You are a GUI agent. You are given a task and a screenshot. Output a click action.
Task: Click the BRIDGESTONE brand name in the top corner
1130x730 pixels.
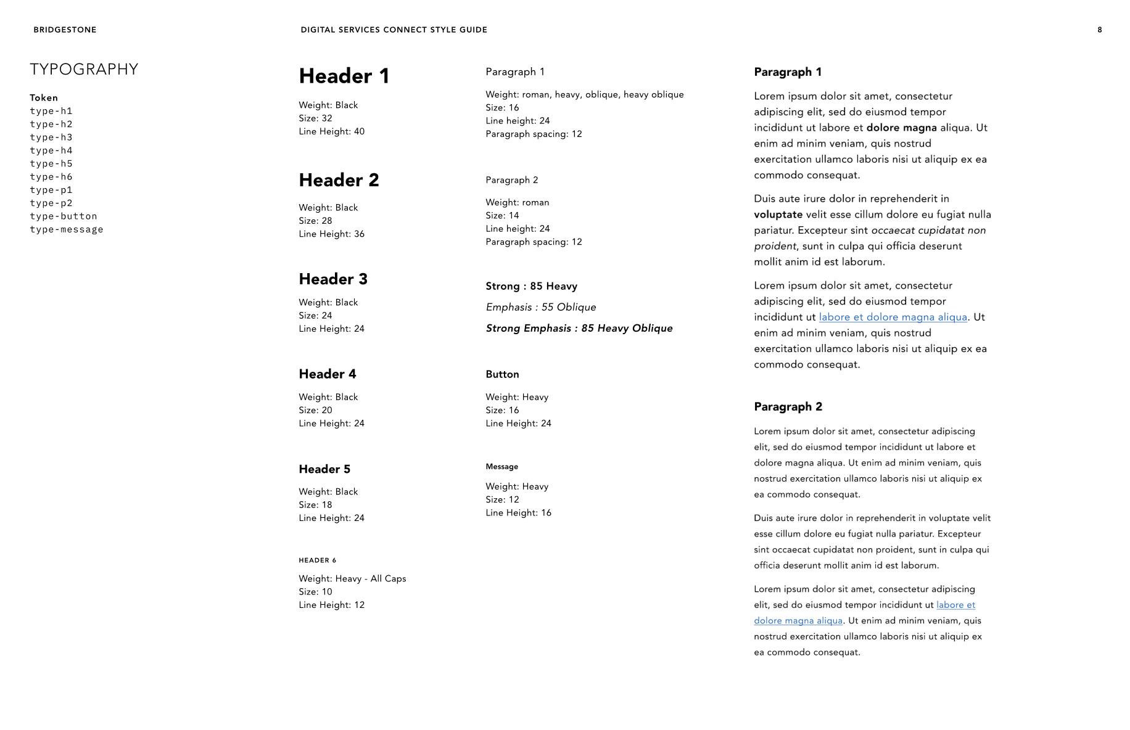tap(65, 30)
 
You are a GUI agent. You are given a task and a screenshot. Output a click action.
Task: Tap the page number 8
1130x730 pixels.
tap(1099, 30)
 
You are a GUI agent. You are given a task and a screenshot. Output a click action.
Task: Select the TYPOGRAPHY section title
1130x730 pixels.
tap(84, 69)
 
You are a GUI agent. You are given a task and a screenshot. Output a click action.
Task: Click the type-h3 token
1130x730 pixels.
tap(51, 137)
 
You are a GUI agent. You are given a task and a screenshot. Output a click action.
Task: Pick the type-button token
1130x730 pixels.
tap(64, 216)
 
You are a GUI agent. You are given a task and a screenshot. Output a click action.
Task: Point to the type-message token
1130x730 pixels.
tap(67, 229)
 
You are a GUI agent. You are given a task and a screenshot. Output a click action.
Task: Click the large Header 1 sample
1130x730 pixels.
tap(344, 76)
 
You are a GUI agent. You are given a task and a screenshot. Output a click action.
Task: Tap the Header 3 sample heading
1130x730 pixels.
tap(333, 279)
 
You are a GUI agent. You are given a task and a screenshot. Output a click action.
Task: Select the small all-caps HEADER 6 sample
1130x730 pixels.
tap(317, 560)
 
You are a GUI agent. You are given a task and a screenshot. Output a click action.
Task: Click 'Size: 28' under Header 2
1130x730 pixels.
tap(315, 221)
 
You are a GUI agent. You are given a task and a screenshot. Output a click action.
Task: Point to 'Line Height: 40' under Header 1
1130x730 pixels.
tap(331, 131)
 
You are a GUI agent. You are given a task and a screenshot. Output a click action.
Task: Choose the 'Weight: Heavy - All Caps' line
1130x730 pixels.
tap(352, 578)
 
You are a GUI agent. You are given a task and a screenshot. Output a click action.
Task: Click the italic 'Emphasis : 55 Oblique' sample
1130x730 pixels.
tap(541, 307)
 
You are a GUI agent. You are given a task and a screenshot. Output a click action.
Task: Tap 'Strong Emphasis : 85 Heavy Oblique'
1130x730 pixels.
tap(579, 328)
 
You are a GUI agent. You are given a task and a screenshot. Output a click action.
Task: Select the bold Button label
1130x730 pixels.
tap(502, 374)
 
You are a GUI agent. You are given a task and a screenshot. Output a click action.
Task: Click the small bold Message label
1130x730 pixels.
tap(501, 467)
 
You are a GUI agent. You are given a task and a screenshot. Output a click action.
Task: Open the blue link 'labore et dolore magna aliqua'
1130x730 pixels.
tap(893, 317)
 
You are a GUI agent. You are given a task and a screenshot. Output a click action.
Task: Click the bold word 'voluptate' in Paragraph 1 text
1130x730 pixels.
tap(778, 215)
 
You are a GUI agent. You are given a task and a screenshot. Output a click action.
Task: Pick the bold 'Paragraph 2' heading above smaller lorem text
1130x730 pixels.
tap(788, 407)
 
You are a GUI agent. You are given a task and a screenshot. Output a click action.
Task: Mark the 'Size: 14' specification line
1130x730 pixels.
tap(502, 215)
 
